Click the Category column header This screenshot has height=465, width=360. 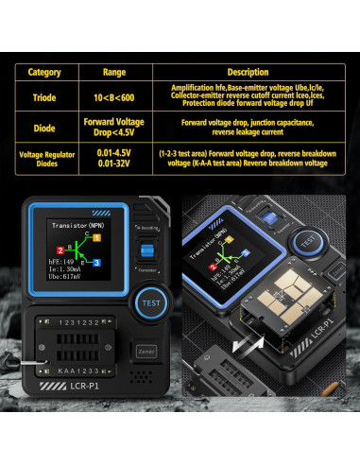(44, 72)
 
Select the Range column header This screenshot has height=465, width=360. (112, 72)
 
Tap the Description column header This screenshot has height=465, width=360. (248, 72)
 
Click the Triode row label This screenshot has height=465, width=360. (44, 97)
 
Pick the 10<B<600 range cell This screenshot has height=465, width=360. (112, 97)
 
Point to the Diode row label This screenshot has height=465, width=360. (44, 127)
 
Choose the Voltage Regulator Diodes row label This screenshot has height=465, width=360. (44, 158)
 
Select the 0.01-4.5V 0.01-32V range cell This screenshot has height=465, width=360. (112, 158)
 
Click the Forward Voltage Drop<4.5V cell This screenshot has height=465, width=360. (112, 127)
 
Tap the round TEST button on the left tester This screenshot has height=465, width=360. (148, 304)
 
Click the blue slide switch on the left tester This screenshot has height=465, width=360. (146, 250)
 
